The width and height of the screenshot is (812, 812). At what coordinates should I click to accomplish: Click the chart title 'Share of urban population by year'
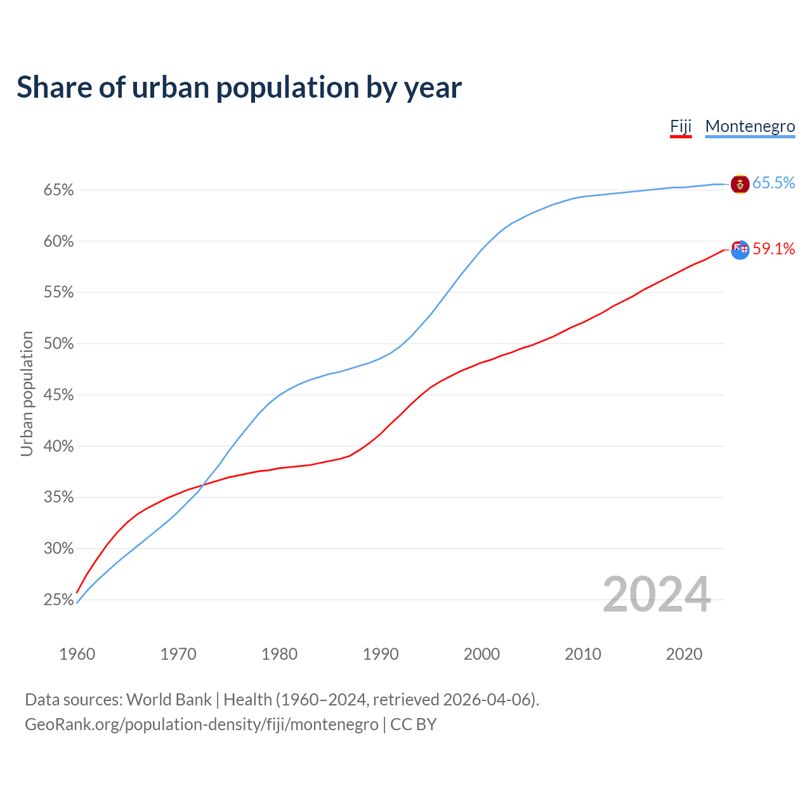[x=239, y=88]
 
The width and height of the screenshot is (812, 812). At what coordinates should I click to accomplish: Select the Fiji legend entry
[x=681, y=126]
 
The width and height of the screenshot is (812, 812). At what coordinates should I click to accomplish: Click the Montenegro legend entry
[x=750, y=126]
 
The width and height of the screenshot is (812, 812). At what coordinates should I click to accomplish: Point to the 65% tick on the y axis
[x=59, y=190]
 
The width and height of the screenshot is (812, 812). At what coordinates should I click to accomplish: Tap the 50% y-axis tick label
[x=59, y=344]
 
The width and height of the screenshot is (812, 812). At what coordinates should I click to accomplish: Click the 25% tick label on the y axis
[x=59, y=599]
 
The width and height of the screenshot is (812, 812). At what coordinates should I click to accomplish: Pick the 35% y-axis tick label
[x=59, y=497]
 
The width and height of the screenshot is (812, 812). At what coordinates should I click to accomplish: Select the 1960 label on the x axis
[x=77, y=654]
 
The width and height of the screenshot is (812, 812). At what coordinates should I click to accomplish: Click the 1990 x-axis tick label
[x=381, y=654]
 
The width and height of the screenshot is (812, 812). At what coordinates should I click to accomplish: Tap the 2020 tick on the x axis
[x=684, y=654]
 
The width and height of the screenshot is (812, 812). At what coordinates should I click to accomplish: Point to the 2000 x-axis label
[x=481, y=654]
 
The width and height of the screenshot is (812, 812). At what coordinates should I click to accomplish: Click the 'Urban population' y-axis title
[x=27, y=393]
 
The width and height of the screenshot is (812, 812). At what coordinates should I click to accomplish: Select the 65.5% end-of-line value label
[x=773, y=183]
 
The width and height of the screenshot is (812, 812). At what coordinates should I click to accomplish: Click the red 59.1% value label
[x=773, y=249]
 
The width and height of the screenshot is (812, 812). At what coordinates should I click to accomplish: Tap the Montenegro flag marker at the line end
[x=740, y=184]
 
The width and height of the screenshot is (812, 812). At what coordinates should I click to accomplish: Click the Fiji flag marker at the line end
[x=740, y=250]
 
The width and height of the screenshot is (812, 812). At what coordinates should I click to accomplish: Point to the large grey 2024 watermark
[x=656, y=594]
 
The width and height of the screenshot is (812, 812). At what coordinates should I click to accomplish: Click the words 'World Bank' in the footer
[x=169, y=700]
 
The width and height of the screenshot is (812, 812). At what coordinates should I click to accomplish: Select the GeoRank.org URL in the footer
[x=202, y=724]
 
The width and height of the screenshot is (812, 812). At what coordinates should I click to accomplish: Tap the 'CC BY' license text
[x=414, y=724]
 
